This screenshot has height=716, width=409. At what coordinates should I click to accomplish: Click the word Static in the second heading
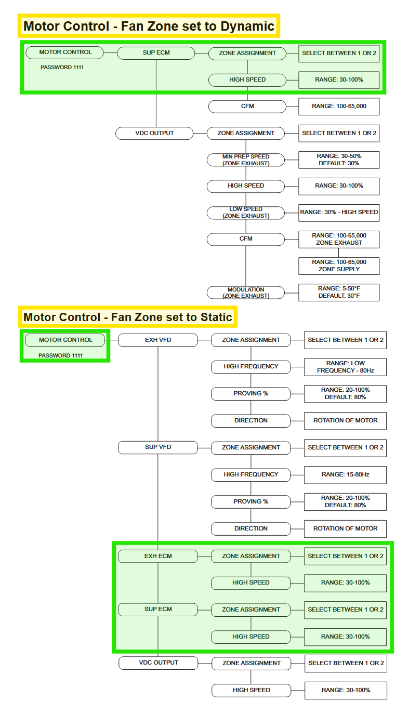pos(216,317)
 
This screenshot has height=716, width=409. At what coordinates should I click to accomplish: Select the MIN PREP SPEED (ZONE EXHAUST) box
pos(246,160)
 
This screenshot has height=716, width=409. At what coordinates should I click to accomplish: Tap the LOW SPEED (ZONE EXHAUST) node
pos(246,213)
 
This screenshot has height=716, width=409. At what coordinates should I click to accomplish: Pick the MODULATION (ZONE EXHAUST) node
pos(246,293)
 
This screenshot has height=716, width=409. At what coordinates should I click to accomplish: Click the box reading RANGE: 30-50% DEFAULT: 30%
pos(339,160)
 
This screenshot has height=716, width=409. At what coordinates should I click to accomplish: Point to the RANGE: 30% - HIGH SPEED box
pos(339,213)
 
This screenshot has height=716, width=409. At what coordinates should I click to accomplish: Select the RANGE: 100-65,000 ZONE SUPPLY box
pos(339,266)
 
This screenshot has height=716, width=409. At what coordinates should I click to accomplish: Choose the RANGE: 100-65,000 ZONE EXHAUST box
pos(339,239)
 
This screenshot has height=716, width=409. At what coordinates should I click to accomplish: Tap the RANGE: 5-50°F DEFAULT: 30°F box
pos(339,292)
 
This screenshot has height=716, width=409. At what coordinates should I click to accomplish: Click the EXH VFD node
pos(158,340)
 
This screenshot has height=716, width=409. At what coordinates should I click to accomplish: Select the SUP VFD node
pos(158,447)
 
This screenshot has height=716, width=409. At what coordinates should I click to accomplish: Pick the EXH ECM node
pos(158,556)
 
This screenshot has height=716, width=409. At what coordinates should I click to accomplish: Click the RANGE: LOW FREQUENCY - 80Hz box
pos(346,367)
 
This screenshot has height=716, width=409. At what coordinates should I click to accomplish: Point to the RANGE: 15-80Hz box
pos(346,475)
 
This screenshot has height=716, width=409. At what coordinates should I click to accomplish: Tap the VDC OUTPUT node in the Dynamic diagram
pos(154,134)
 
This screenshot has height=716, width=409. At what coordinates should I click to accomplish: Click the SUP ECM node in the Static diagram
pos(158,609)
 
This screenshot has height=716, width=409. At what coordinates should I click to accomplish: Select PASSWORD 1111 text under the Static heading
pos(60,355)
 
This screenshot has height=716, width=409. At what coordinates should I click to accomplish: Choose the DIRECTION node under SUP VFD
pos(250,529)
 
